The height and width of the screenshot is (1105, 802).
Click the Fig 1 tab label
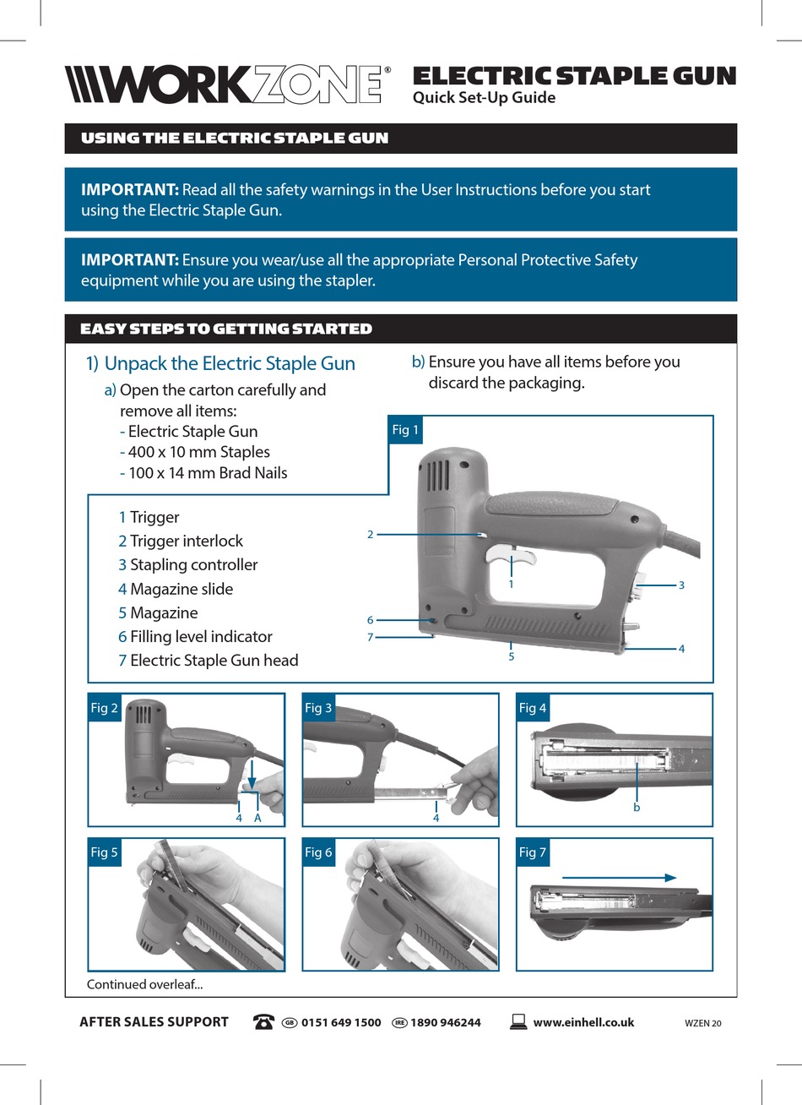[x=405, y=430]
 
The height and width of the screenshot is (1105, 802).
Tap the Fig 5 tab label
[x=104, y=852]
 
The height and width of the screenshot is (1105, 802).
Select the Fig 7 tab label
[x=533, y=852]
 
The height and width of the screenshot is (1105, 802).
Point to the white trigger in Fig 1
[x=511, y=558]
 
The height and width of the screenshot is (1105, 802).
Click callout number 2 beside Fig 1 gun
[x=370, y=534]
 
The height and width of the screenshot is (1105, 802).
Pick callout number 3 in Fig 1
[x=681, y=585]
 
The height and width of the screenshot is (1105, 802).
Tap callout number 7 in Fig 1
[x=370, y=637]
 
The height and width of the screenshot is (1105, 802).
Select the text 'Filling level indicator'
[x=201, y=636]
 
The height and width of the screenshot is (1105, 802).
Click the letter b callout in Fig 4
[x=637, y=808]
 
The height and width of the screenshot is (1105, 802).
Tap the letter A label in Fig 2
[x=257, y=818]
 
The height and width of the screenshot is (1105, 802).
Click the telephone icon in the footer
[x=263, y=1022]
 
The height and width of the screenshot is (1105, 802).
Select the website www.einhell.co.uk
[x=583, y=1022]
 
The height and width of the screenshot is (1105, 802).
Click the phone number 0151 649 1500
[x=341, y=1022]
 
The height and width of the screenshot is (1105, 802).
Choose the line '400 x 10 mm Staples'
[x=198, y=452]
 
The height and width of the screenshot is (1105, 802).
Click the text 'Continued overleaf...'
[x=144, y=984]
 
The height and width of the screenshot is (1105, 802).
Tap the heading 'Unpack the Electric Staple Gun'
[x=230, y=363]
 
